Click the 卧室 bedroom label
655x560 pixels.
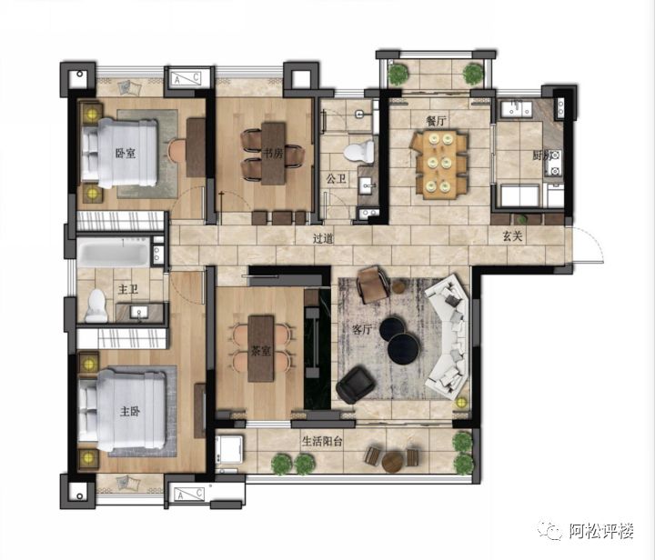coord(126,153)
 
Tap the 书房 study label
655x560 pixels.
coord(272,153)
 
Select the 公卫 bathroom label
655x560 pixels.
coord(336,179)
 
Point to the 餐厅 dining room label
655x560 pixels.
coord(436,121)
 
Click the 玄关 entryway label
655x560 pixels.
coord(512,236)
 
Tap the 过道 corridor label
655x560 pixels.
coord(323,239)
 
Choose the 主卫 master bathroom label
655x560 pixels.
coord(128,289)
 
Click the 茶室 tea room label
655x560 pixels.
coord(260,351)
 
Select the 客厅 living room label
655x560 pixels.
coord(362,330)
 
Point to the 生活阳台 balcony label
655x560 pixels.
coord(322,442)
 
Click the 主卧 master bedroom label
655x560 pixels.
coord(130,412)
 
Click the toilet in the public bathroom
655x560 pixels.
coord(359,152)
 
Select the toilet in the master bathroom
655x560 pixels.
coord(96,305)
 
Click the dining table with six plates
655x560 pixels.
coord(438,165)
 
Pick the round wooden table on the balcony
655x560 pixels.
coord(393,462)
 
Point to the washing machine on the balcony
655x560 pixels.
coord(229,451)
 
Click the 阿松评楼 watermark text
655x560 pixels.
coord(601,531)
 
